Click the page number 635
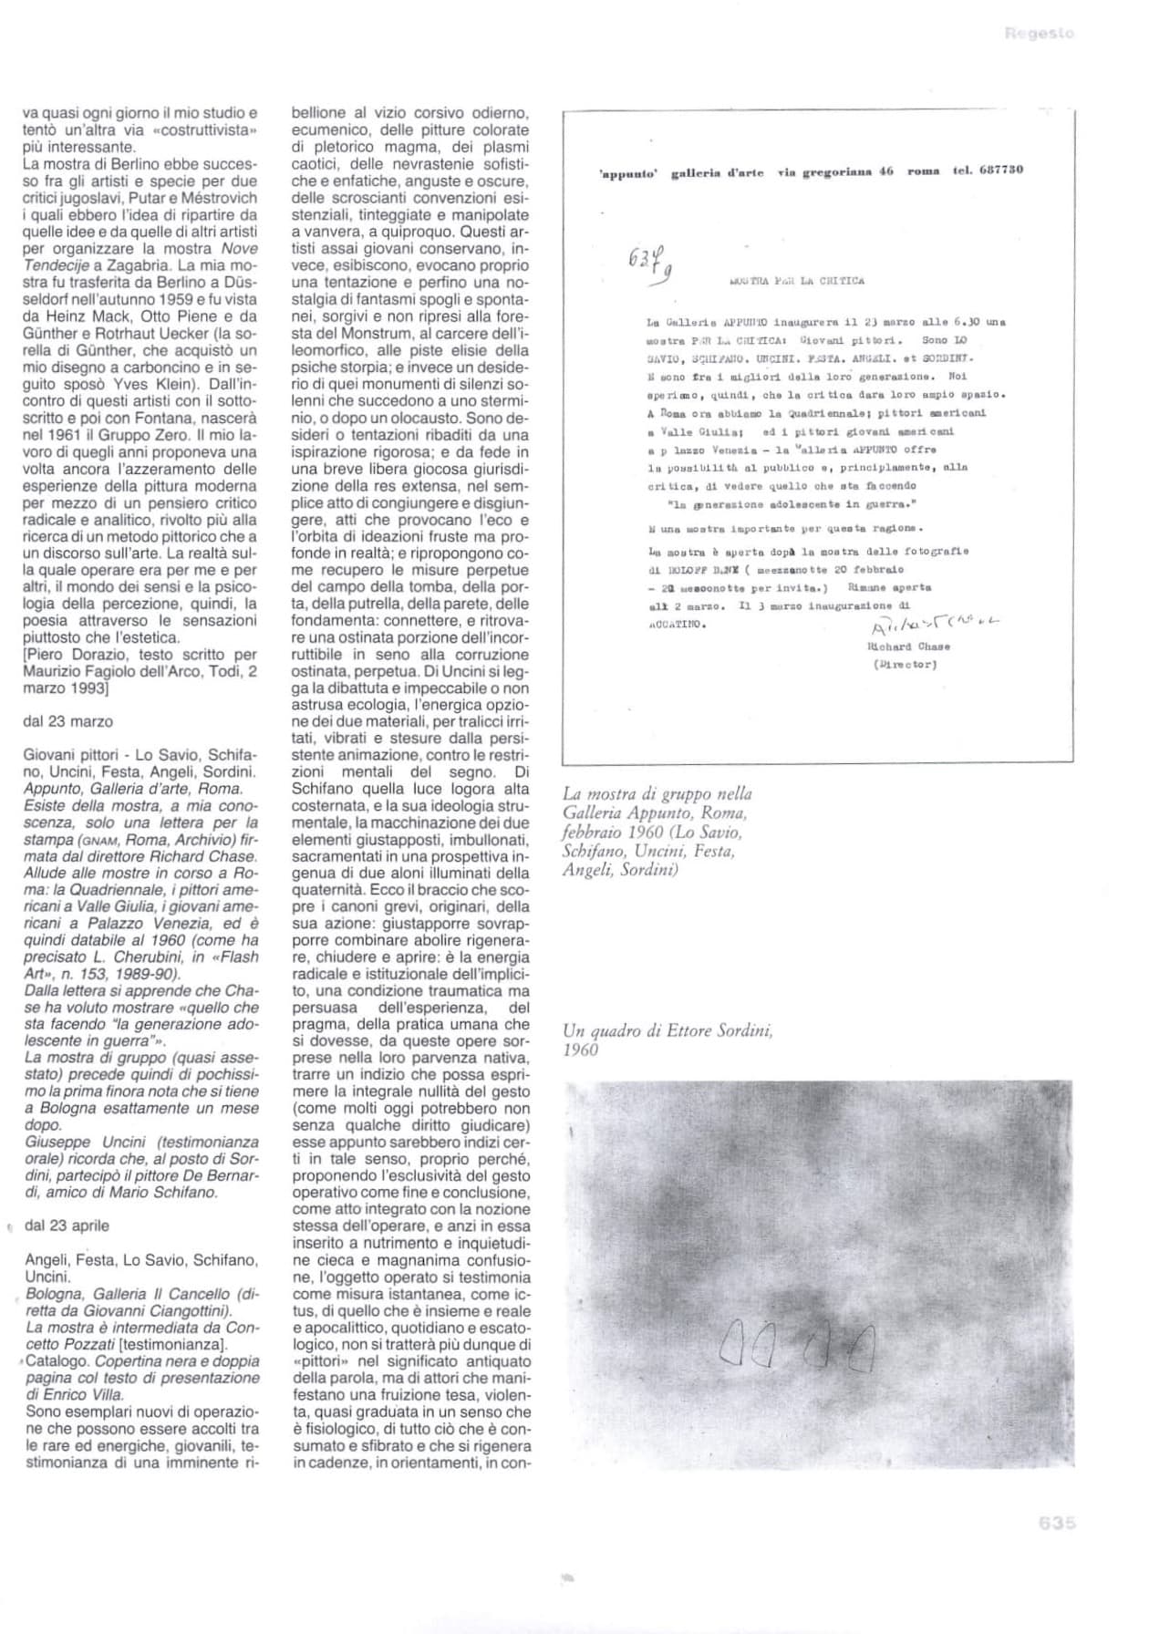(x=1057, y=1522)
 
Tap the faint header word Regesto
(x=1039, y=34)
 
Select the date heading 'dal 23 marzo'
(x=67, y=721)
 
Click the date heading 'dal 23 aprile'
(x=67, y=1225)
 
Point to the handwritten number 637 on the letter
(x=647, y=263)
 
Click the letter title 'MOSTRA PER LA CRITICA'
(x=797, y=281)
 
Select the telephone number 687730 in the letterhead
(x=999, y=170)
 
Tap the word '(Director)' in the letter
(x=905, y=664)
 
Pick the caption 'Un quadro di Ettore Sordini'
(x=668, y=1031)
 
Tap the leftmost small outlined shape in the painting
(x=732, y=1343)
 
